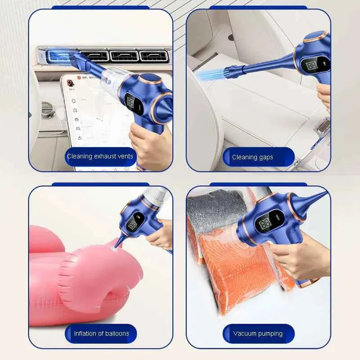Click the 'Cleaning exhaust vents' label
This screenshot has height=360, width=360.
(x=100, y=157)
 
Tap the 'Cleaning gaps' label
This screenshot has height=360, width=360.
(x=252, y=157)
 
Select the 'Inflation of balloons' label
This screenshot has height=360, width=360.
(x=101, y=333)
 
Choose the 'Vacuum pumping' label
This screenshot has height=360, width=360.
(x=258, y=333)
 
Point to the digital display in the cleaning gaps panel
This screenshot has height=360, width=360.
(x=311, y=66)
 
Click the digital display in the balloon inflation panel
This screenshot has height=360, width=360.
(x=134, y=223)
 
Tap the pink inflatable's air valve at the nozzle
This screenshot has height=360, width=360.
(x=114, y=247)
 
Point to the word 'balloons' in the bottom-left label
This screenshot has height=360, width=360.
(x=115, y=333)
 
